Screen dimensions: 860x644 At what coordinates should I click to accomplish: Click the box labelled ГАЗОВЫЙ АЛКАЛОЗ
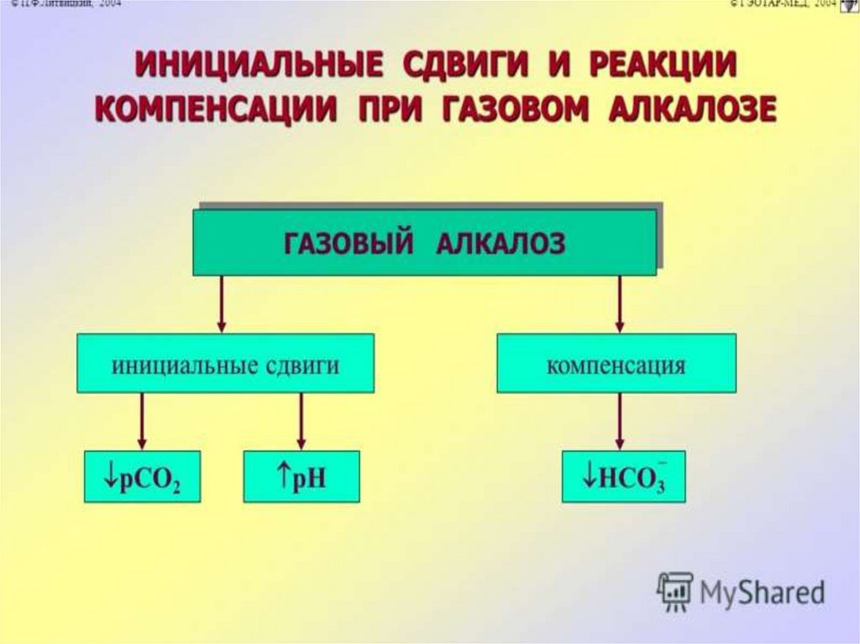(424, 243)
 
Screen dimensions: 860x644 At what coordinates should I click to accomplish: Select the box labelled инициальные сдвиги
(225, 363)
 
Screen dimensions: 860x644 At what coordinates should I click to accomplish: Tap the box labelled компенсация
(616, 363)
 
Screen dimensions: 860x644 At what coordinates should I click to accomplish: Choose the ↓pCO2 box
(142, 476)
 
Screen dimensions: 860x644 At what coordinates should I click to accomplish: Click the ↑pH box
(301, 476)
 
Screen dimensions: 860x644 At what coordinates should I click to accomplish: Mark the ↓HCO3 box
(623, 476)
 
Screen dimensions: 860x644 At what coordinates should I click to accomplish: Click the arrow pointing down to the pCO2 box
(142, 421)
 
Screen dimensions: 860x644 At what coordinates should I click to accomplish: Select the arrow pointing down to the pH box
(301, 421)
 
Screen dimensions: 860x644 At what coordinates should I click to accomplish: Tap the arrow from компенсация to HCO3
(620, 421)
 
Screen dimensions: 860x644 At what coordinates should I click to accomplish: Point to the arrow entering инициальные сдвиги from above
(222, 304)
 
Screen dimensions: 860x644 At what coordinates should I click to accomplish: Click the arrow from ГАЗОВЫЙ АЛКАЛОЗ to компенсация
(620, 304)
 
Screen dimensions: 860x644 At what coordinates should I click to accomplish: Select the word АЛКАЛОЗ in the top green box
(501, 243)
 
